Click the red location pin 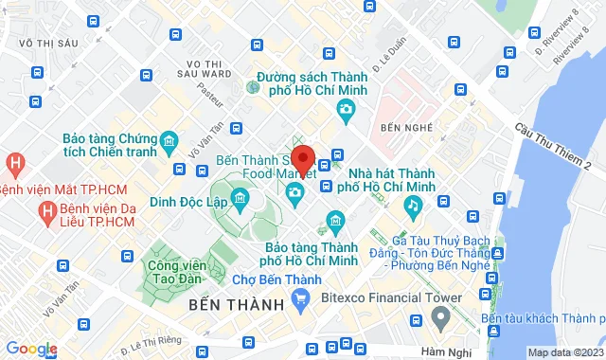pyautogui.click(x=303, y=158)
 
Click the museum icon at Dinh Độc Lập pyautogui.click(x=239, y=199)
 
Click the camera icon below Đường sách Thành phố pyautogui.click(x=347, y=111)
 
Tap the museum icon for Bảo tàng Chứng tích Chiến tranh pyautogui.click(x=168, y=143)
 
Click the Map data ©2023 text pyautogui.click(x=564, y=352)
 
